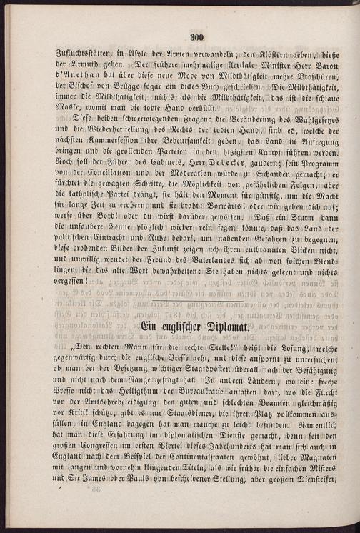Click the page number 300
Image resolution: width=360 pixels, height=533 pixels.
pyautogui.click(x=198, y=39)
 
